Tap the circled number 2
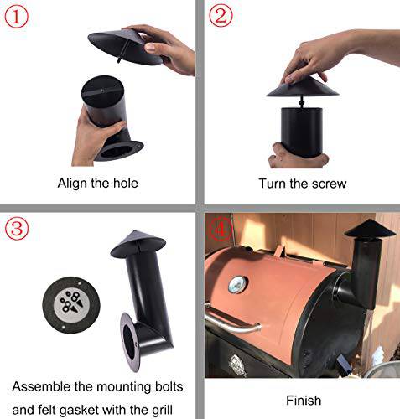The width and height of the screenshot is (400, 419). [221, 17]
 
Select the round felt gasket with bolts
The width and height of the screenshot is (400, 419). [64, 301]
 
